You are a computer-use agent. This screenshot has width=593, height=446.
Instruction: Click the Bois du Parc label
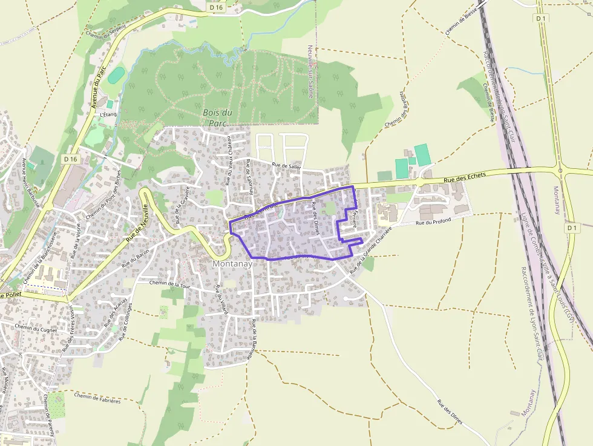pyautogui.click(x=217, y=117)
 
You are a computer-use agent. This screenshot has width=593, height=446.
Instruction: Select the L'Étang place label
pyautogui.click(x=108, y=114)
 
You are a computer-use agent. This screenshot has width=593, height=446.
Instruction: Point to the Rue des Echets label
pyautogui.click(x=465, y=177)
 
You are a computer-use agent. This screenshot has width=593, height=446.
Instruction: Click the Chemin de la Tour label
pyautogui.click(x=166, y=283)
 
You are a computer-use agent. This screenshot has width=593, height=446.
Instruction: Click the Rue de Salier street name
pyautogui.click(x=286, y=166)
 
